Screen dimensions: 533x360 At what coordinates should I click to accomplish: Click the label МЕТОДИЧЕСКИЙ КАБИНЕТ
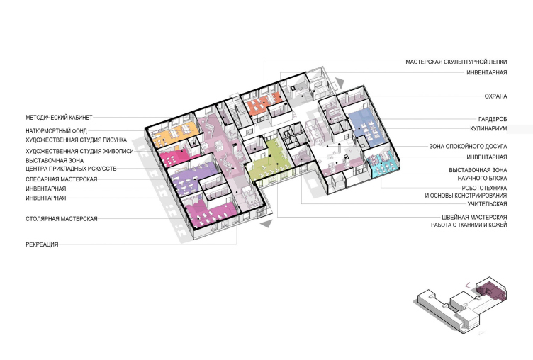pyautogui.click(x=59, y=118)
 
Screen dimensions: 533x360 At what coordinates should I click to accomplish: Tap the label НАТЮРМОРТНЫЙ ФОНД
pyautogui.click(x=57, y=130)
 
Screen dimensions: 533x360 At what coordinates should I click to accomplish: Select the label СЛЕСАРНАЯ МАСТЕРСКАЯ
pyautogui.click(x=62, y=179)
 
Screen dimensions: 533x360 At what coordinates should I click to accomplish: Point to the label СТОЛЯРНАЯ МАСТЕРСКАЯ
pyautogui.click(x=62, y=218)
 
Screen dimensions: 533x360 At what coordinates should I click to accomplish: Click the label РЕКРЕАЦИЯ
pyautogui.click(x=42, y=244)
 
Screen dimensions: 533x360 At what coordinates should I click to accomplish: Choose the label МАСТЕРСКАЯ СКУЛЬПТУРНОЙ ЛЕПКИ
pyautogui.click(x=456, y=62)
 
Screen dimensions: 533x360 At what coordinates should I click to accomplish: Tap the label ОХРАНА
pyautogui.click(x=495, y=96)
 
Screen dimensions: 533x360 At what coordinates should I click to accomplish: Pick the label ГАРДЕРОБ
pyautogui.click(x=493, y=119)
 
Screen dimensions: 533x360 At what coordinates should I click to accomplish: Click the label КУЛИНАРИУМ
pyautogui.click(x=488, y=128)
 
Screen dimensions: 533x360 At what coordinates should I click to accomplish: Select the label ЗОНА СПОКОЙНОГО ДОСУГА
pyautogui.click(x=468, y=147)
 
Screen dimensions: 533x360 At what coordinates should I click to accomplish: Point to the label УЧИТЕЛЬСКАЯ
pyautogui.click(x=487, y=204)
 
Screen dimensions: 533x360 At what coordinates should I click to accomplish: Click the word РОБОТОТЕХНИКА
pyautogui.click(x=484, y=188)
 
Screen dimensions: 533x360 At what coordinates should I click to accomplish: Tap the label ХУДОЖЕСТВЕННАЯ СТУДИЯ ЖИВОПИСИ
pyautogui.click(x=79, y=151)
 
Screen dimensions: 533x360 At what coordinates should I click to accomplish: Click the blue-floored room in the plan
pyautogui.click(x=367, y=128)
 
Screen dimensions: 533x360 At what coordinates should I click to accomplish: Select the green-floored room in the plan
pyautogui.click(x=270, y=159)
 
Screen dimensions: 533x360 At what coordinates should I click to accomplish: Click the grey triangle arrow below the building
pyautogui.click(x=266, y=224)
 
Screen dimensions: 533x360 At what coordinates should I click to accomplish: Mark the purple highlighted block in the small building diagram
pyautogui.click(x=490, y=289)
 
